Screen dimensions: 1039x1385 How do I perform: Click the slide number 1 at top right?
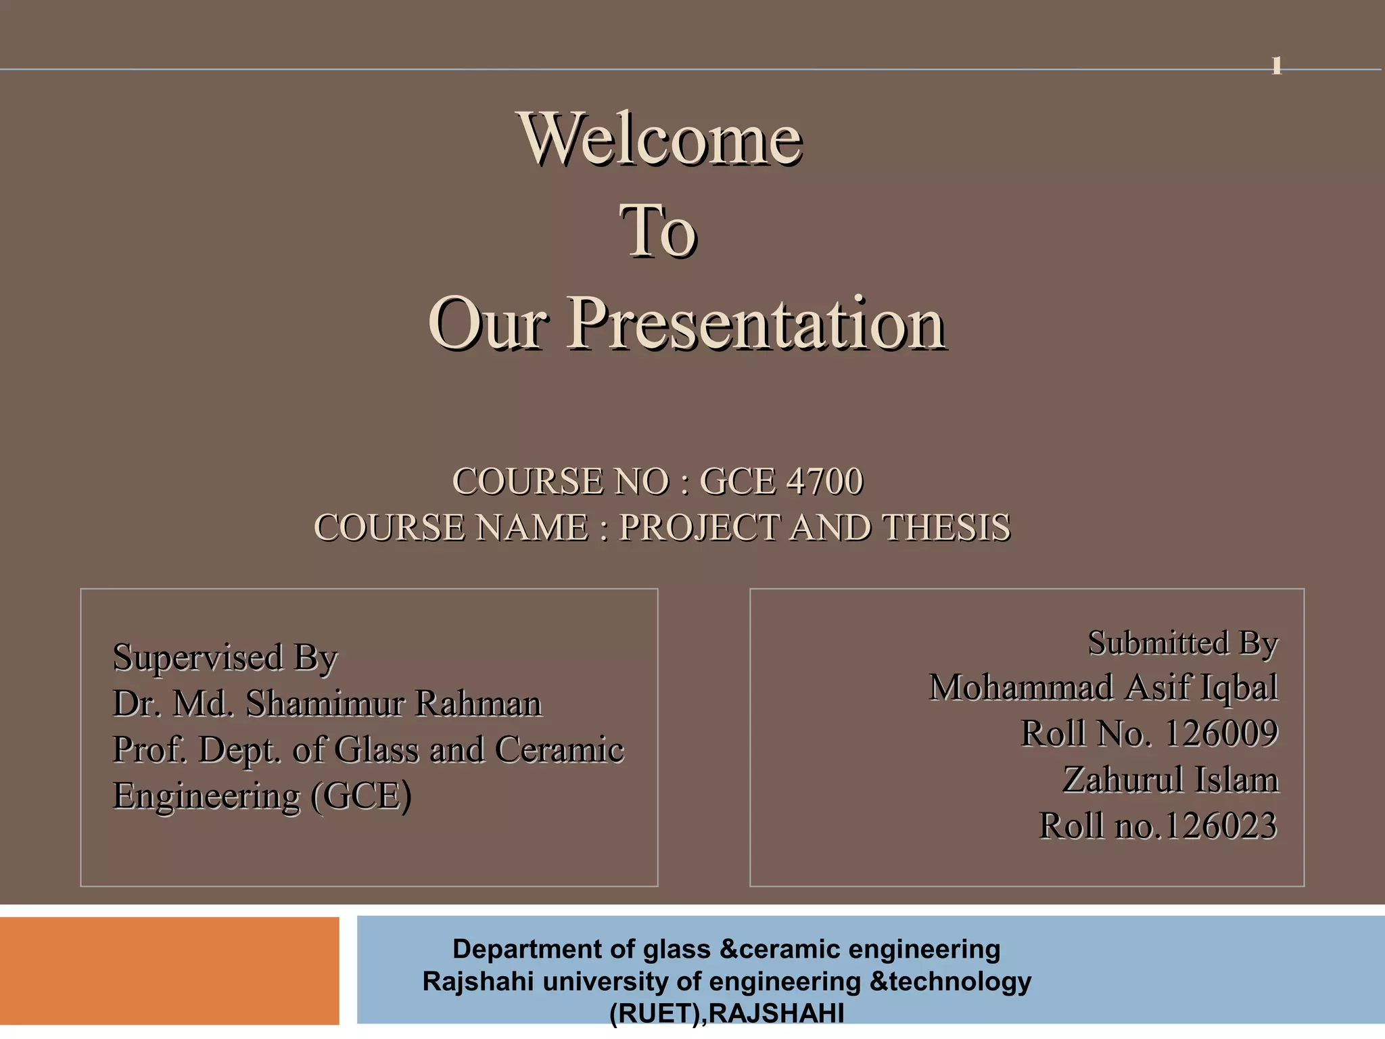click(1276, 66)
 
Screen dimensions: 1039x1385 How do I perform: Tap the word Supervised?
click(197, 657)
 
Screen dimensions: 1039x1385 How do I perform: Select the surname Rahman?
click(478, 703)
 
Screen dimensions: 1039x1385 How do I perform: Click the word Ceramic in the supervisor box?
click(559, 749)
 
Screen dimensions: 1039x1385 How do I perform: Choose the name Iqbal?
click(1238, 688)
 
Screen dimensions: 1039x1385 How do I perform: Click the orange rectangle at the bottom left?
click(169, 971)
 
